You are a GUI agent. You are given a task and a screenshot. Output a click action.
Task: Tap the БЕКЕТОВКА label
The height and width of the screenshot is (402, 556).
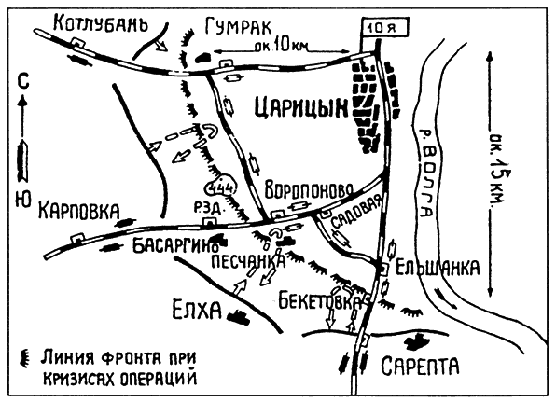(x=318, y=302)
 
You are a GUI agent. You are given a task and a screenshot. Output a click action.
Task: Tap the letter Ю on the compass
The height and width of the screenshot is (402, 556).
(x=21, y=198)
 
